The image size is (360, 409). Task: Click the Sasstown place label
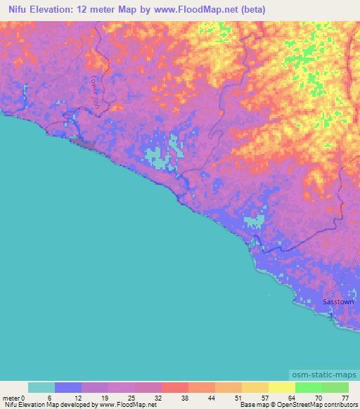pos(338,301)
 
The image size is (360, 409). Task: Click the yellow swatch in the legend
pos(281,387)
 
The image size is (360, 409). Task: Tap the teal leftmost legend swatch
pos(41,387)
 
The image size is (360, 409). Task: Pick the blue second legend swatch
pos(68,387)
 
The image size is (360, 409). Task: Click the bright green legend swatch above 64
pos(308,387)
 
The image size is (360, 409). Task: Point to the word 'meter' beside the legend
pos(10,397)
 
